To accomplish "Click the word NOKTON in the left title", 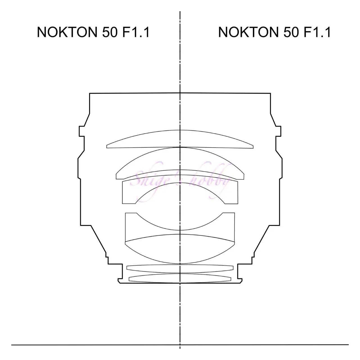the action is tap(67, 32).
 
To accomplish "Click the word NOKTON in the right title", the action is tap(248, 32).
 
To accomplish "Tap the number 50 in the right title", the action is tap(291, 32).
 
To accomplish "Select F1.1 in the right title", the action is tap(317, 32).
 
